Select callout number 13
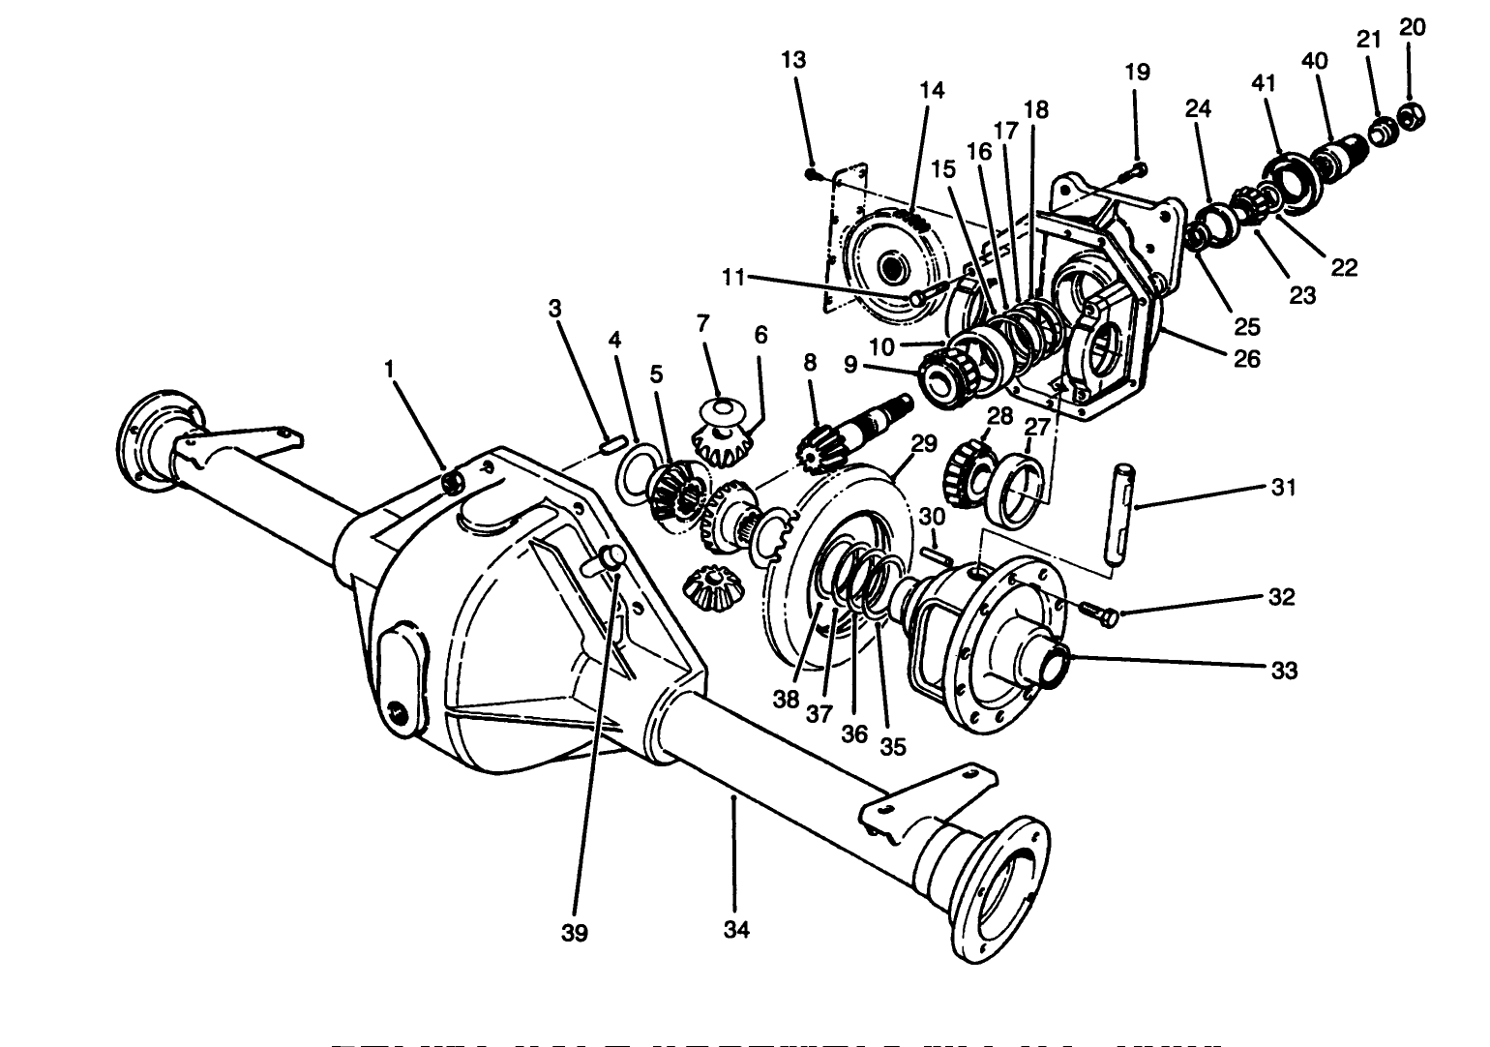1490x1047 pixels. (793, 60)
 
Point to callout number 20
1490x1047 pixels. (1412, 27)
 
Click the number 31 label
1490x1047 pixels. (1283, 488)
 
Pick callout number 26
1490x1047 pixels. (1247, 359)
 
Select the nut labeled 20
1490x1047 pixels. (1412, 112)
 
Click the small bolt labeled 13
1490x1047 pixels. (814, 174)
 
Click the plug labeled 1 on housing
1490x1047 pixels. (452, 481)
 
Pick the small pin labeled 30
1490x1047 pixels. (935, 555)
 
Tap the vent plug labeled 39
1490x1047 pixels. (611, 555)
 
